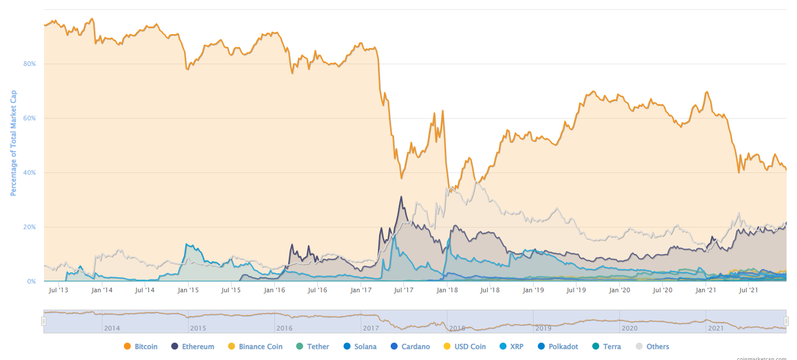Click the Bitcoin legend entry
coord(145,347)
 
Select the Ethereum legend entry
coord(197,347)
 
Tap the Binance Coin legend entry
coord(260,347)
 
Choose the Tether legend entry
coord(318,347)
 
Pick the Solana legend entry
coord(365,347)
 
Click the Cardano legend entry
coord(416,347)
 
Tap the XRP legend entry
coord(516,347)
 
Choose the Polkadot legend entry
coord(559,347)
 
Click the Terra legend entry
coord(612,347)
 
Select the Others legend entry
coord(658,347)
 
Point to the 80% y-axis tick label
coord(30,64)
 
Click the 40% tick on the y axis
coord(30,172)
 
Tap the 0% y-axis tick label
coord(32,281)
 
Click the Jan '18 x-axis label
coord(446,290)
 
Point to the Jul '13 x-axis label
coord(58,290)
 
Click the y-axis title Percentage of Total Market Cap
coord(13,142)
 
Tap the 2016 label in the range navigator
coord(284,328)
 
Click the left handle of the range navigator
coord(43,321)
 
